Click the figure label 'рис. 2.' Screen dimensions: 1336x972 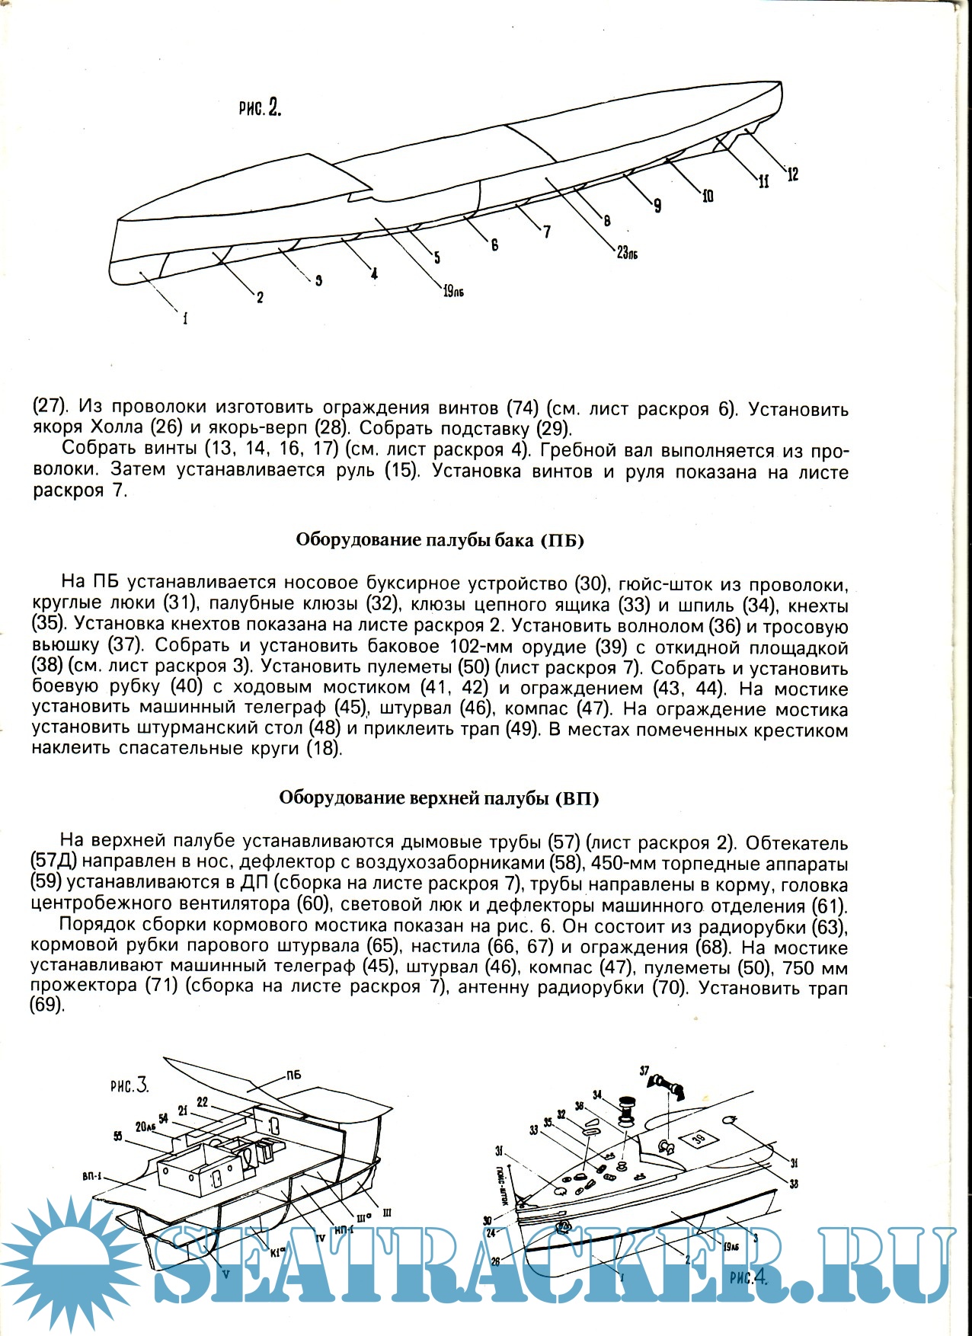click(x=260, y=107)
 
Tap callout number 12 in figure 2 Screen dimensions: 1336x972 click(x=792, y=174)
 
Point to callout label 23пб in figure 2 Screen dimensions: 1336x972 click(x=627, y=252)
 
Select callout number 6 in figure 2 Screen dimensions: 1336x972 click(x=494, y=245)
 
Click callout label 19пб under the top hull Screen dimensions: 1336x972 click(x=453, y=291)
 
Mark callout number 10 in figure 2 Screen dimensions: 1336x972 click(x=708, y=197)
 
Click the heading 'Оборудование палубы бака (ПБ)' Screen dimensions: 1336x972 click(x=440, y=541)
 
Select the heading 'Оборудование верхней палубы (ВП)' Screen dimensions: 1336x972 click(x=439, y=798)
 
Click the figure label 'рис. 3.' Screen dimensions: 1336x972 click(x=129, y=1086)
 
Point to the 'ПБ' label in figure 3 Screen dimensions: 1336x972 click(x=293, y=1076)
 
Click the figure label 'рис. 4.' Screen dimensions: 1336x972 click(x=747, y=1278)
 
